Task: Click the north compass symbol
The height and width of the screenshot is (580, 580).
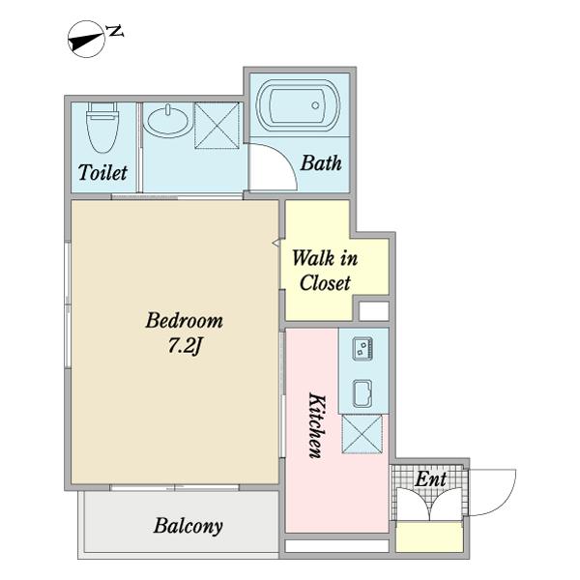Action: point(87,40)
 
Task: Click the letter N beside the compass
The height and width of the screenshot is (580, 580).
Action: point(115,31)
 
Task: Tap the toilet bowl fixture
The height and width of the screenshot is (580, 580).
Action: point(102,128)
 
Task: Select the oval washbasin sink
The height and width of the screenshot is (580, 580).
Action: point(167,121)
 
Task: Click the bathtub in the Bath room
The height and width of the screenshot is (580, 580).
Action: point(299,105)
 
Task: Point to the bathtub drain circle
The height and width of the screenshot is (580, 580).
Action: point(315,105)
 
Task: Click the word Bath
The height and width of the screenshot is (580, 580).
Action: point(321,163)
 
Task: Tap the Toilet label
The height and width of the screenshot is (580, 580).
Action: point(102,172)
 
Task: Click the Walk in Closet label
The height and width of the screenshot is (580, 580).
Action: point(325,271)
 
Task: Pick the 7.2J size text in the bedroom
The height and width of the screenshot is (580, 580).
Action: point(184,346)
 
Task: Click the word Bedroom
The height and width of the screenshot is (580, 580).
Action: point(185,320)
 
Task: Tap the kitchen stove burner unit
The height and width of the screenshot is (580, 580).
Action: point(362,348)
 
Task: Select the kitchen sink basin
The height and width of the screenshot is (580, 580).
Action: point(362,393)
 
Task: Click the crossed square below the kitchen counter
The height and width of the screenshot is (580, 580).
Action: point(362,434)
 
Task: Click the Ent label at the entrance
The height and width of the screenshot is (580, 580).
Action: point(430,479)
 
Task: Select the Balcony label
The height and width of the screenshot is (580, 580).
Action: point(188,526)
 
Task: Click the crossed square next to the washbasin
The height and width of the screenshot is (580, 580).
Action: point(217,126)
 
